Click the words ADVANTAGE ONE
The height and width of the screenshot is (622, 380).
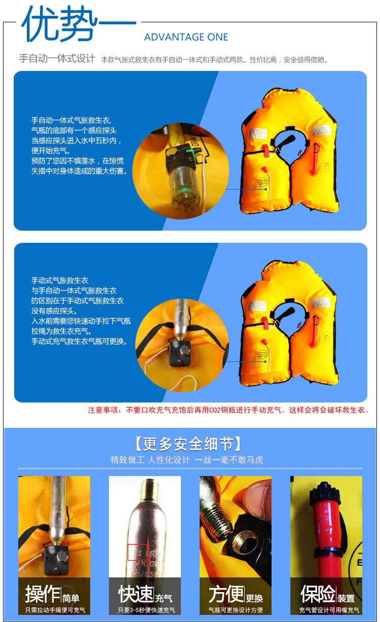coord(186,37)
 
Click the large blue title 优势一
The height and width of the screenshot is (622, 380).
coord(79,24)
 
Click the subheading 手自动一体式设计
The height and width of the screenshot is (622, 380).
coord(57,59)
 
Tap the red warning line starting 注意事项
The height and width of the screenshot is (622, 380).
coord(229,410)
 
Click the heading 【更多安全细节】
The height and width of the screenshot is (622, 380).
coord(188,444)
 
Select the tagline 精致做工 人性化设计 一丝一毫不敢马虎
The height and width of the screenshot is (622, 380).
coord(187,460)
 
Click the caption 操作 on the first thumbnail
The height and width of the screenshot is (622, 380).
coord(43,594)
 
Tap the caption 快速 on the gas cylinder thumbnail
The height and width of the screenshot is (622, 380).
coord(136,594)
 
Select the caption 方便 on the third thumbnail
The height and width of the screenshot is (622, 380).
coord(226,594)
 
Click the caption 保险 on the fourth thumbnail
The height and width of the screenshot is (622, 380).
coord(318,594)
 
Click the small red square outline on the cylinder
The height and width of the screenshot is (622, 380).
coord(138,553)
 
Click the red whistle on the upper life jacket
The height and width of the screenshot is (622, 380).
coord(266,150)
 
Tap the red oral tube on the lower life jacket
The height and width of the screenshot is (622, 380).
coord(315,330)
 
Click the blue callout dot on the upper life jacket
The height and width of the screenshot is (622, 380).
coord(265,189)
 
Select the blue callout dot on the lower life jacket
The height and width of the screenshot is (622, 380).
coord(265,361)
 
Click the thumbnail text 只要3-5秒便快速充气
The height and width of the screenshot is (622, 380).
coord(146,610)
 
